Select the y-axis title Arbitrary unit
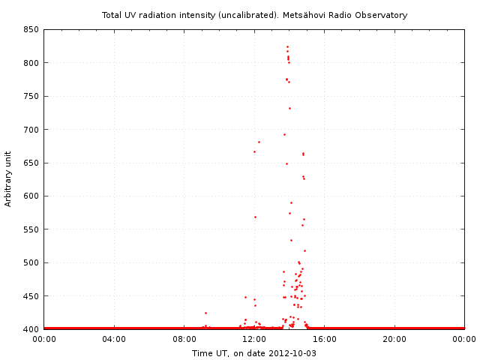pos(8,179)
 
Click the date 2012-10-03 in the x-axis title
pos(292,353)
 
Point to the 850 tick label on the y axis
pos(31,30)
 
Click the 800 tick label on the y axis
pos(31,63)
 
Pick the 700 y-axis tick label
pos(31,130)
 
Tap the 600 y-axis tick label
pos(31,196)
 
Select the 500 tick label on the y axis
pos(31,263)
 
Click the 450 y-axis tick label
pos(31,296)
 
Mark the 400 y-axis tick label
pos(31,329)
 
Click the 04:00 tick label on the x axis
pos(114,340)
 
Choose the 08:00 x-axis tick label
pos(184,340)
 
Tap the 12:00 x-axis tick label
pos(254,340)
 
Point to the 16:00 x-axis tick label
pos(325,340)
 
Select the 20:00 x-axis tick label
pos(394,340)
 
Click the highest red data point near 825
pos(287,46)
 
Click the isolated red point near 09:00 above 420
pos(205,313)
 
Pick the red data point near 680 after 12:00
pos(259,142)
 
